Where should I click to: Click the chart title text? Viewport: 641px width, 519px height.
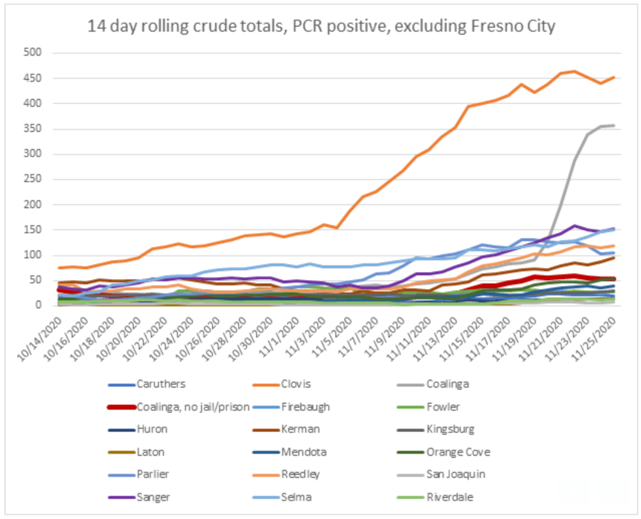pos(320,26)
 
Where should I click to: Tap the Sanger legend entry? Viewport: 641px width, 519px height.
pos(153,497)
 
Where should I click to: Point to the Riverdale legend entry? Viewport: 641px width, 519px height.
pos(449,497)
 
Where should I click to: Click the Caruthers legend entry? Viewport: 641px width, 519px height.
pos(160,384)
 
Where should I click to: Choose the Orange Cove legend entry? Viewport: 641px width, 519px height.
pos(456,452)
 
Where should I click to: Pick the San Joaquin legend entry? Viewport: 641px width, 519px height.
pos(453,474)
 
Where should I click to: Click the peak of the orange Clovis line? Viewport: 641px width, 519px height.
pos(574,71)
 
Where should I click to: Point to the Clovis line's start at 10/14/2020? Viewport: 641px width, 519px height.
pos(58,268)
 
